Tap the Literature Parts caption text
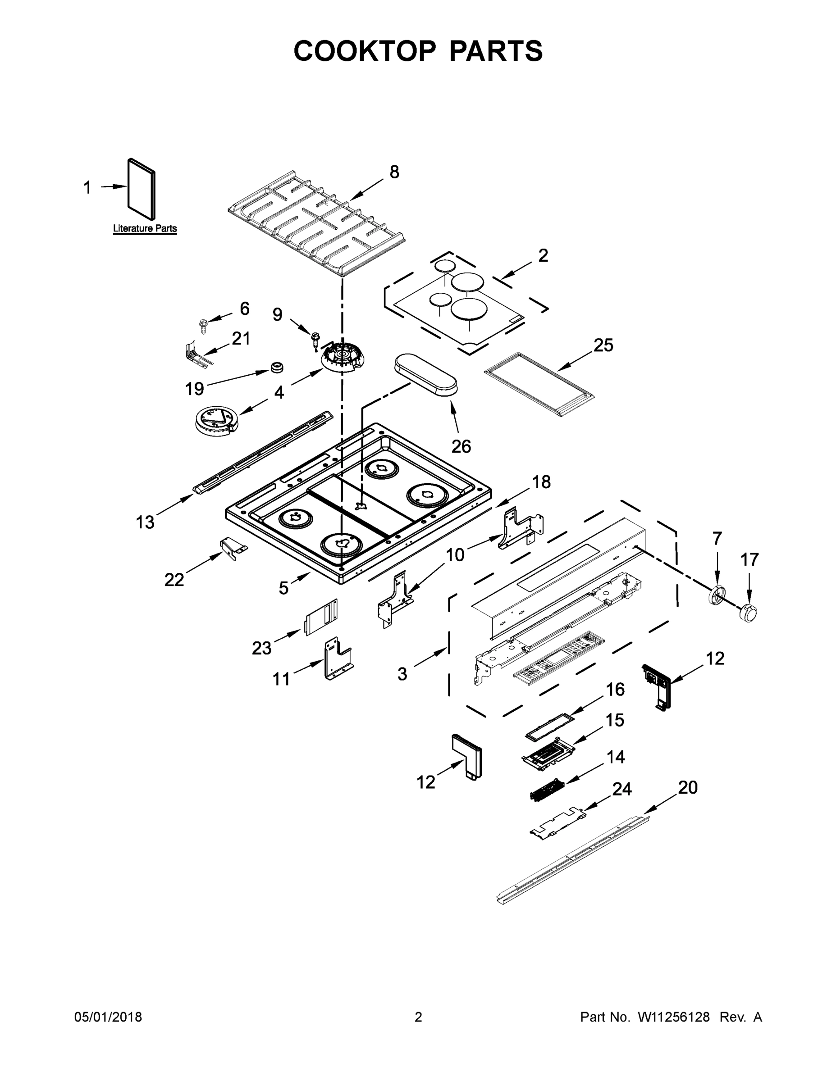(x=145, y=229)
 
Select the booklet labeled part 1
(x=142, y=189)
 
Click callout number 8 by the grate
(x=394, y=172)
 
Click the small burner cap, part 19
(x=277, y=367)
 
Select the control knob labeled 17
(x=748, y=613)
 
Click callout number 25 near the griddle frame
(x=603, y=345)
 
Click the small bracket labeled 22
(x=233, y=547)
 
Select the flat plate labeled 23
(x=321, y=617)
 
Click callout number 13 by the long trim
(x=145, y=522)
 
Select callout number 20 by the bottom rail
(x=687, y=787)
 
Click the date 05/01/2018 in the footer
(x=108, y=1017)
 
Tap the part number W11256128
(x=674, y=1017)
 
